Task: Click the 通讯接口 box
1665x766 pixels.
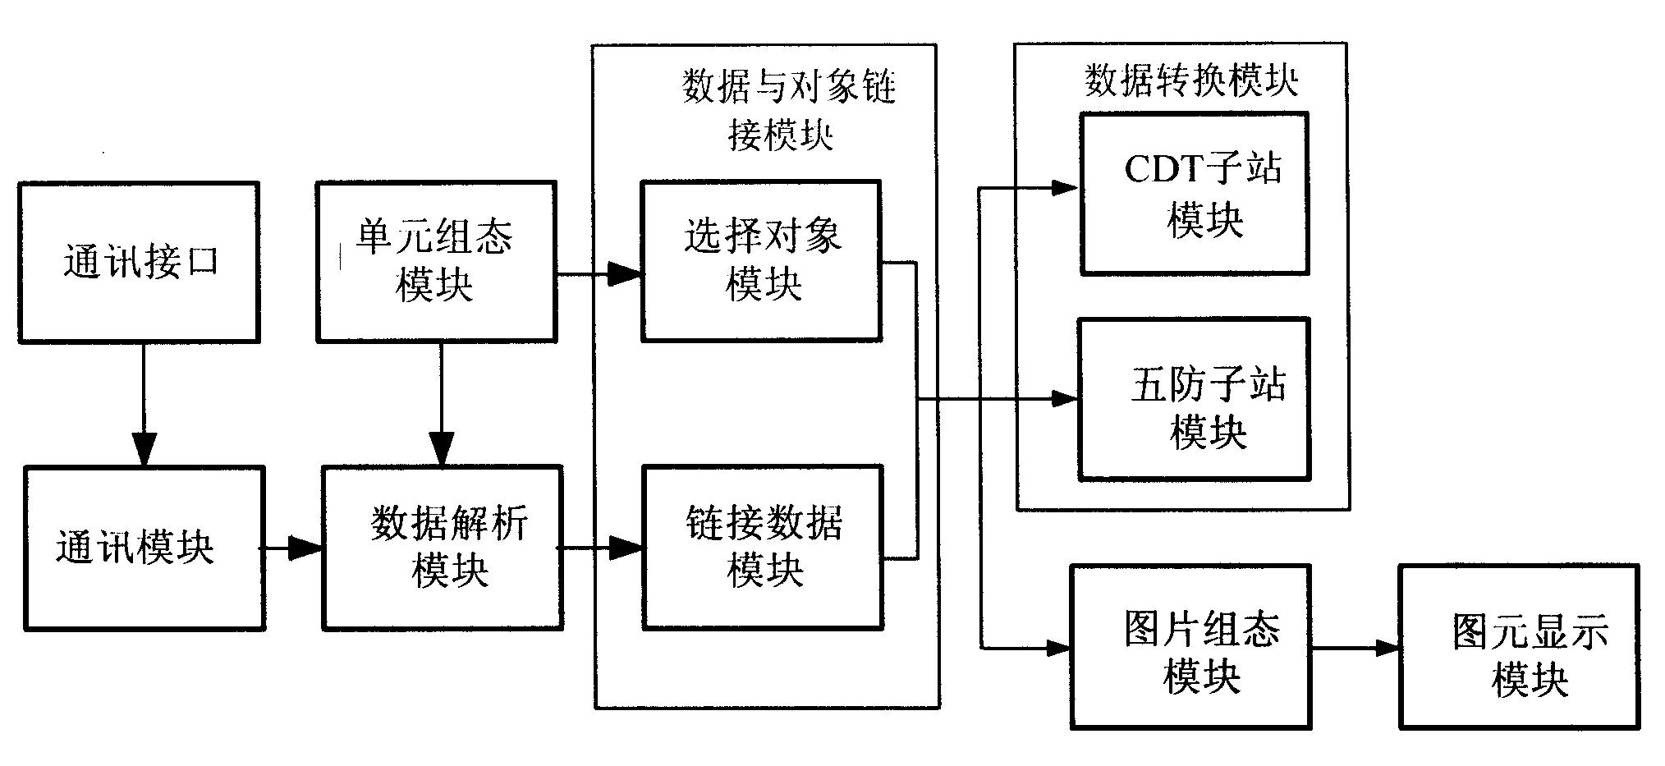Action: [x=140, y=262]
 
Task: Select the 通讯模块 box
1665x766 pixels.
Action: [x=144, y=548]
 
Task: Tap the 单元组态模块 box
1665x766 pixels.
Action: [x=436, y=261]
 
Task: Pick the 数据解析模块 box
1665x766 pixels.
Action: [x=443, y=548]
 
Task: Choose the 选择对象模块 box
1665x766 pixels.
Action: [x=761, y=261]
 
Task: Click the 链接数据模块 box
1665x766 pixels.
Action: [x=763, y=548]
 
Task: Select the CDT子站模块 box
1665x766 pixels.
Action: [x=1194, y=194]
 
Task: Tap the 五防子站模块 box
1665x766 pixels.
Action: [x=1194, y=399]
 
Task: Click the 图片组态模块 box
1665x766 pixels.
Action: [x=1190, y=647]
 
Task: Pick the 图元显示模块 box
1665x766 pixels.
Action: [x=1519, y=647]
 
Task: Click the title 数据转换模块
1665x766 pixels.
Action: [x=1190, y=81]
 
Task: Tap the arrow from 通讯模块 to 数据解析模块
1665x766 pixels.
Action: [x=292, y=548]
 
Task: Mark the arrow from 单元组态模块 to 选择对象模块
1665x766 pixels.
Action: [x=599, y=273]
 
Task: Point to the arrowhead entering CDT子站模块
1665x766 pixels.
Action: [x=1065, y=189]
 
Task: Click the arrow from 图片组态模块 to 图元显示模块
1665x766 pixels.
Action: [x=1355, y=648]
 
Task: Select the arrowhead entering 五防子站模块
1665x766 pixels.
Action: [x=1065, y=400]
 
